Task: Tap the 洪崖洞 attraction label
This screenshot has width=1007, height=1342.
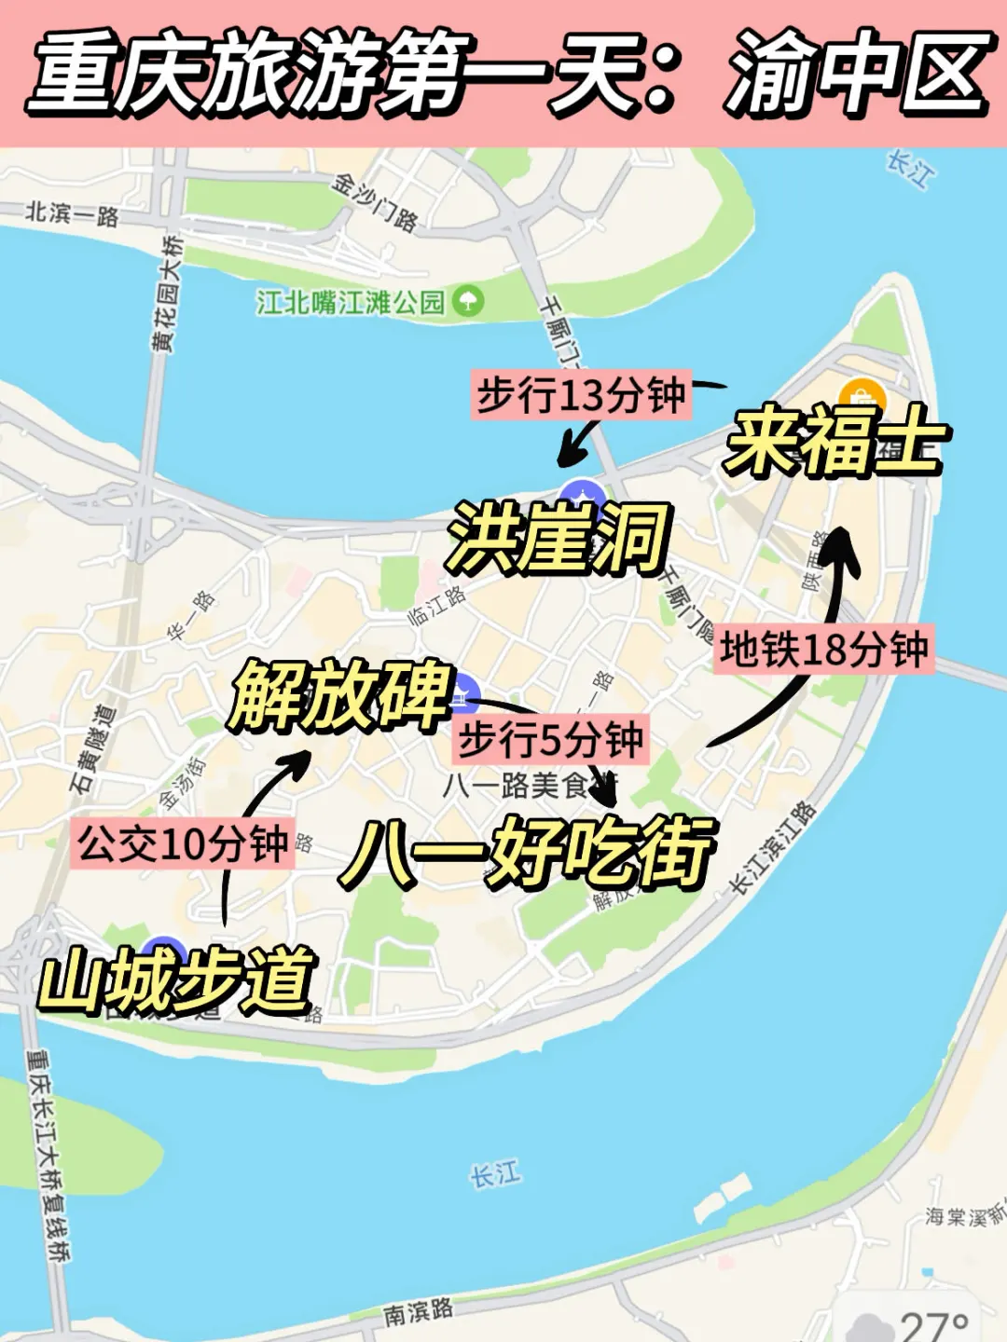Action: point(558,538)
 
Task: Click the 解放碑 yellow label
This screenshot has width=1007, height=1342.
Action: point(340,694)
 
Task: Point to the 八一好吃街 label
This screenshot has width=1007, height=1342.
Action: point(527,851)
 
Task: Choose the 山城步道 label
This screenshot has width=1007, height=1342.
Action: point(177,980)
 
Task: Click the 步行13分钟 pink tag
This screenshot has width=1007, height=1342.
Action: point(581,395)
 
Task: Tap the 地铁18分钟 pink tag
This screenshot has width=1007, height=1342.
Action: point(823,649)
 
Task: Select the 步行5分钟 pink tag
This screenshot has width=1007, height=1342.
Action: point(550,740)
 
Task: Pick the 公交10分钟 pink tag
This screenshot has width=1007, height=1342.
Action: point(183,844)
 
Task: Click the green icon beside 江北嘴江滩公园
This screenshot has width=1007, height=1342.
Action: point(468,301)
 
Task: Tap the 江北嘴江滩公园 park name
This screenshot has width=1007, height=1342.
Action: point(351,302)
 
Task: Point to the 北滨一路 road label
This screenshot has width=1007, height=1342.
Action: point(72,214)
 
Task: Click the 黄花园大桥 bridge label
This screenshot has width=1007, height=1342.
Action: point(169,294)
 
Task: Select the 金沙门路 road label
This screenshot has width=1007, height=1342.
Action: point(375,201)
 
